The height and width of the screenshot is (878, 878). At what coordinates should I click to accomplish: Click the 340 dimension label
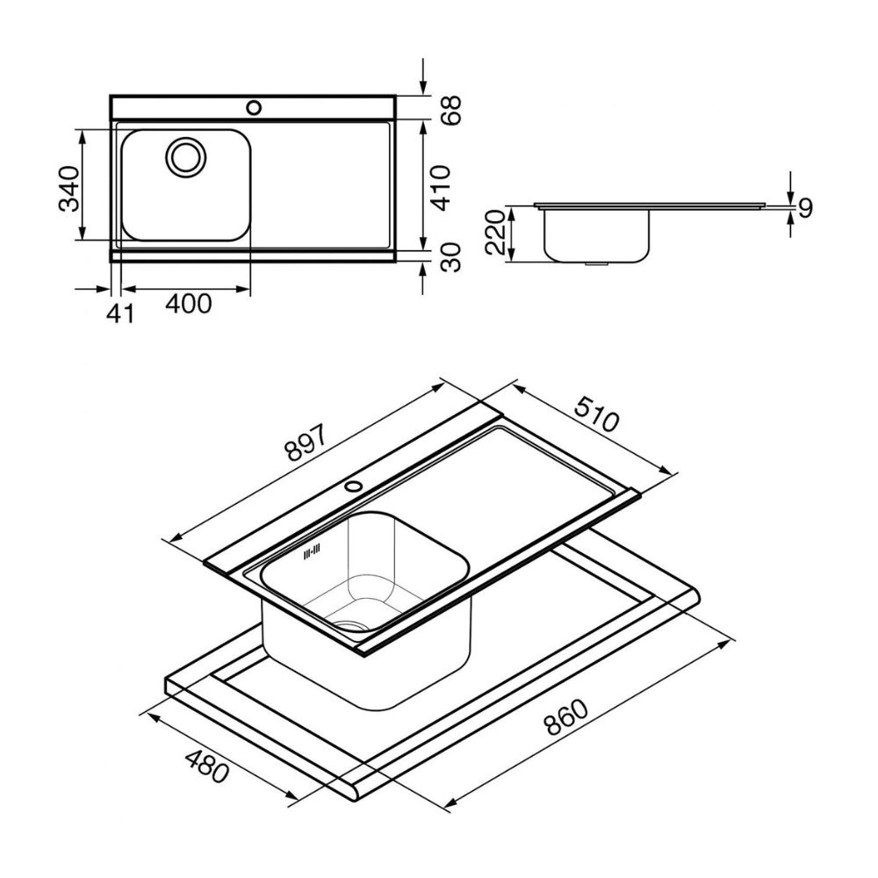coord(69,188)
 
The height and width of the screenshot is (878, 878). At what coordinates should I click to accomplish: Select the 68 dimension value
coord(450,110)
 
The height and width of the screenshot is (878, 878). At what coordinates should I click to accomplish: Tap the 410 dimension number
coord(442,188)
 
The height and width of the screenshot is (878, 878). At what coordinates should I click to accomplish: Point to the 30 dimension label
coord(450,257)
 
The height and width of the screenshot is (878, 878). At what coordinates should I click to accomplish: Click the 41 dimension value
coord(120,313)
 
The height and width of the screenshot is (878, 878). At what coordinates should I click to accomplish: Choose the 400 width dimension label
coord(189,304)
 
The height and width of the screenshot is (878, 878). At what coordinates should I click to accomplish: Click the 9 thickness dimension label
coord(805,208)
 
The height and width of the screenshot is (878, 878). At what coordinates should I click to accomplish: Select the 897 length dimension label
coord(306,440)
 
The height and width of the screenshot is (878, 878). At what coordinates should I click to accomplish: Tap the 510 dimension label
coord(597,414)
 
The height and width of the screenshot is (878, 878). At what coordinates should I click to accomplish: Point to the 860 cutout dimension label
coord(566,717)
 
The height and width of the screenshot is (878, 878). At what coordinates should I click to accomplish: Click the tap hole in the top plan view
coord(254,107)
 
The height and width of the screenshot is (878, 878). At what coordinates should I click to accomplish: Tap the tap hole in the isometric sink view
coord(353,485)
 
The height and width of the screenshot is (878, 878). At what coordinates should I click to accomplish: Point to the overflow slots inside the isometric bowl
coord(312,551)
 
